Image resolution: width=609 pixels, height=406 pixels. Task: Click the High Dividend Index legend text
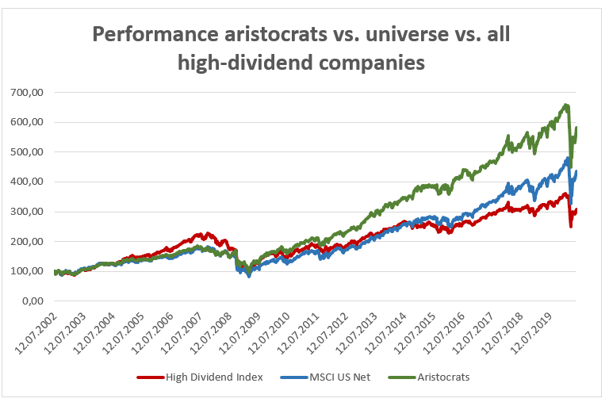(213, 377)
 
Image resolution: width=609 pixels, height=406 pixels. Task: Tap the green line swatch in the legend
(403, 377)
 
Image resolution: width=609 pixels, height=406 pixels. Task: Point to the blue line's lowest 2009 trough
(249, 275)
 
